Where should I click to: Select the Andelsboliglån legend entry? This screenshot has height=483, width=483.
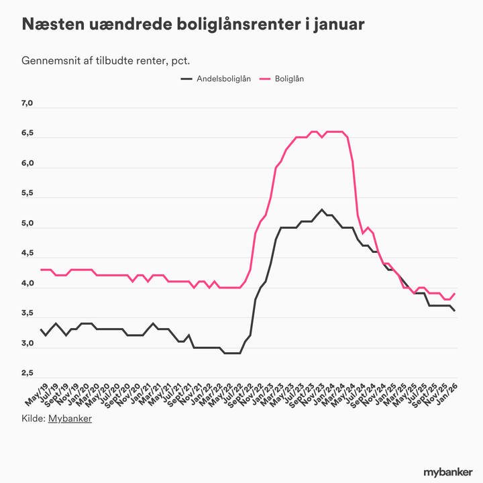pos(215,79)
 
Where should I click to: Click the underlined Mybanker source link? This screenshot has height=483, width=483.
pos(70,419)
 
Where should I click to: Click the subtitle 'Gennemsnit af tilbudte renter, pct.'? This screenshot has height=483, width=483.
pos(106,60)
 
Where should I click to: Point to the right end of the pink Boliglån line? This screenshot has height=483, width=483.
pos(455,293)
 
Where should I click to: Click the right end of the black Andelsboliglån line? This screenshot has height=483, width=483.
pos(455,311)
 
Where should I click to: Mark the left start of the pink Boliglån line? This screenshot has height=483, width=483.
pos(41,270)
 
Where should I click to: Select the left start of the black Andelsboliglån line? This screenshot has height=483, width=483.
pos(41,329)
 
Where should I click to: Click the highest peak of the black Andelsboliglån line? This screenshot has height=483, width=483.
pos(322,209)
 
